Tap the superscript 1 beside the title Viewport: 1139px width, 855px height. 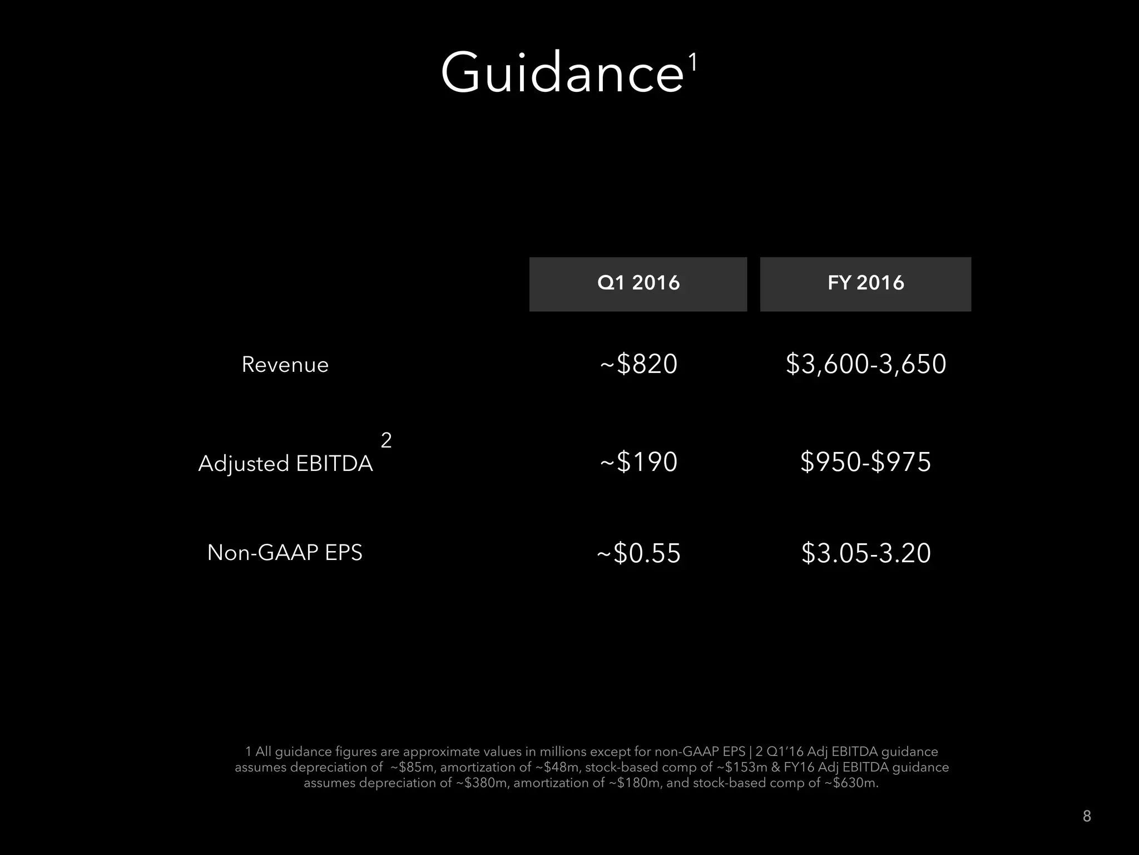692,62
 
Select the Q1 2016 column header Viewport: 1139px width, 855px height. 638,283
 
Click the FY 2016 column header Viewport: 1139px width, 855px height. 865,283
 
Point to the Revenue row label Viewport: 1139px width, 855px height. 285,365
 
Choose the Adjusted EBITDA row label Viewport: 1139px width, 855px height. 285,463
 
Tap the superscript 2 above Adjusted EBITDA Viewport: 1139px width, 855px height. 386,440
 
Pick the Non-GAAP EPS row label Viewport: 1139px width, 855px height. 285,553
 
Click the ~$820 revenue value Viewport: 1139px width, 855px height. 638,364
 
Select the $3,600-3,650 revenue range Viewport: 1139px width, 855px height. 866,364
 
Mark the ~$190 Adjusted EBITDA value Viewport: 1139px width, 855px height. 638,462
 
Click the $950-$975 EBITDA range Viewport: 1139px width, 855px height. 865,462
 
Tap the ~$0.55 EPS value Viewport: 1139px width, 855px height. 638,553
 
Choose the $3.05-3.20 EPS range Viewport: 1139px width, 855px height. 866,553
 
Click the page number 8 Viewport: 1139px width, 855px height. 1087,816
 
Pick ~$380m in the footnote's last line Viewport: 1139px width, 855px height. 482,783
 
